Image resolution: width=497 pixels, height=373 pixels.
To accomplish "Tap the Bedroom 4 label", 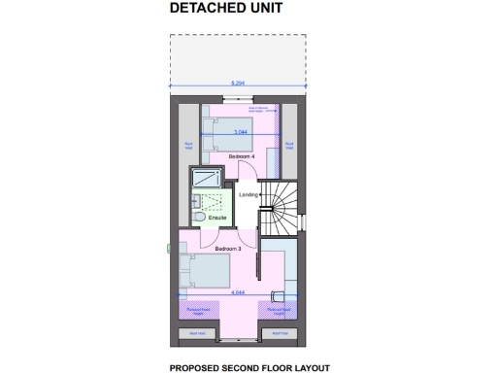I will pyautogui.click(x=241, y=155).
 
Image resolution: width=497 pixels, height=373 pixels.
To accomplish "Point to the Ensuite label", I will pyautogui.click(x=217, y=217).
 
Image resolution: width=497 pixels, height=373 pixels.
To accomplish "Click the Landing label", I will pyautogui.click(x=248, y=195).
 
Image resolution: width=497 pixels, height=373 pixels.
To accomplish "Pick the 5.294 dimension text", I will pyautogui.click(x=237, y=84).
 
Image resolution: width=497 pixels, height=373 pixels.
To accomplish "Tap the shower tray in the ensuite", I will pyautogui.click(x=206, y=178).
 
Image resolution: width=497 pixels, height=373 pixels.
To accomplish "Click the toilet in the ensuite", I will pyautogui.click(x=197, y=218).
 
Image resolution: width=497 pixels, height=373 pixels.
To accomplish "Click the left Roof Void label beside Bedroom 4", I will pyautogui.click(x=188, y=146).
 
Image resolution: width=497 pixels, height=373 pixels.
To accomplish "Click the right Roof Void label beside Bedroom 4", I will pyautogui.click(x=288, y=146).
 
